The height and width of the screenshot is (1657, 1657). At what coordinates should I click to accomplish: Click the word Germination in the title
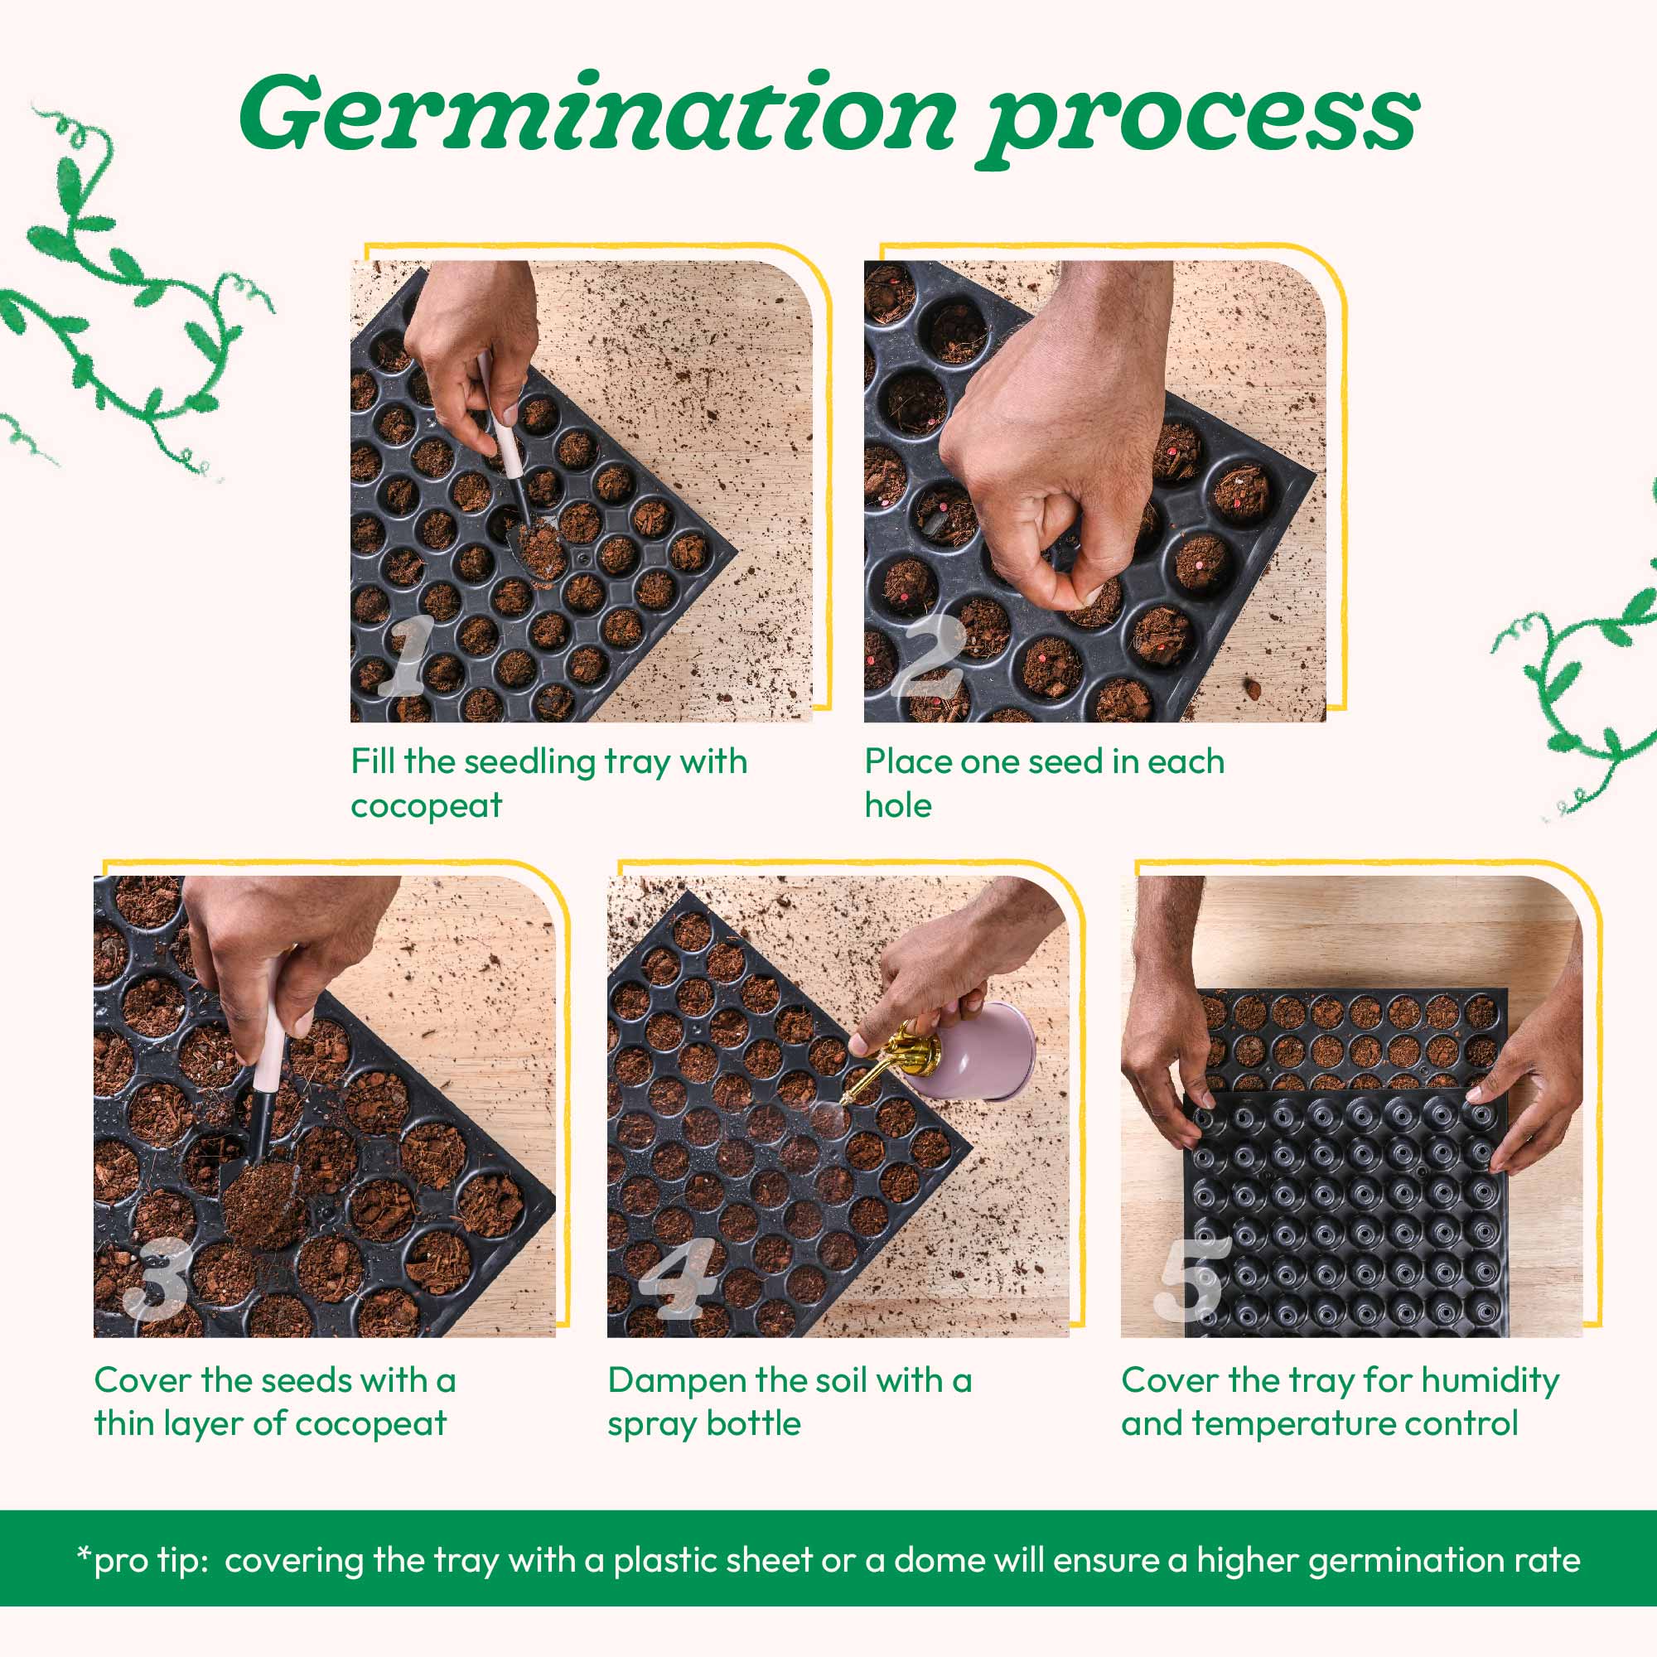tap(595, 115)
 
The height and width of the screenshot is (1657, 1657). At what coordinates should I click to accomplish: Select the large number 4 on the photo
tap(678, 1277)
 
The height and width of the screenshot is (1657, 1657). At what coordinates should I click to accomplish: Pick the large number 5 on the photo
tap(1191, 1277)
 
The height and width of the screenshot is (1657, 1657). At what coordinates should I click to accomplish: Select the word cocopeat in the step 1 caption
tap(426, 806)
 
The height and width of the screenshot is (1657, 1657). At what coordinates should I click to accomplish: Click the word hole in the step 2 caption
tap(897, 806)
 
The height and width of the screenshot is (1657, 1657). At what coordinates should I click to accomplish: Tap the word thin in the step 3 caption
tap(124, 1423)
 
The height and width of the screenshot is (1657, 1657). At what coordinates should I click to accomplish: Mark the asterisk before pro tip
tap(83, 1554)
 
